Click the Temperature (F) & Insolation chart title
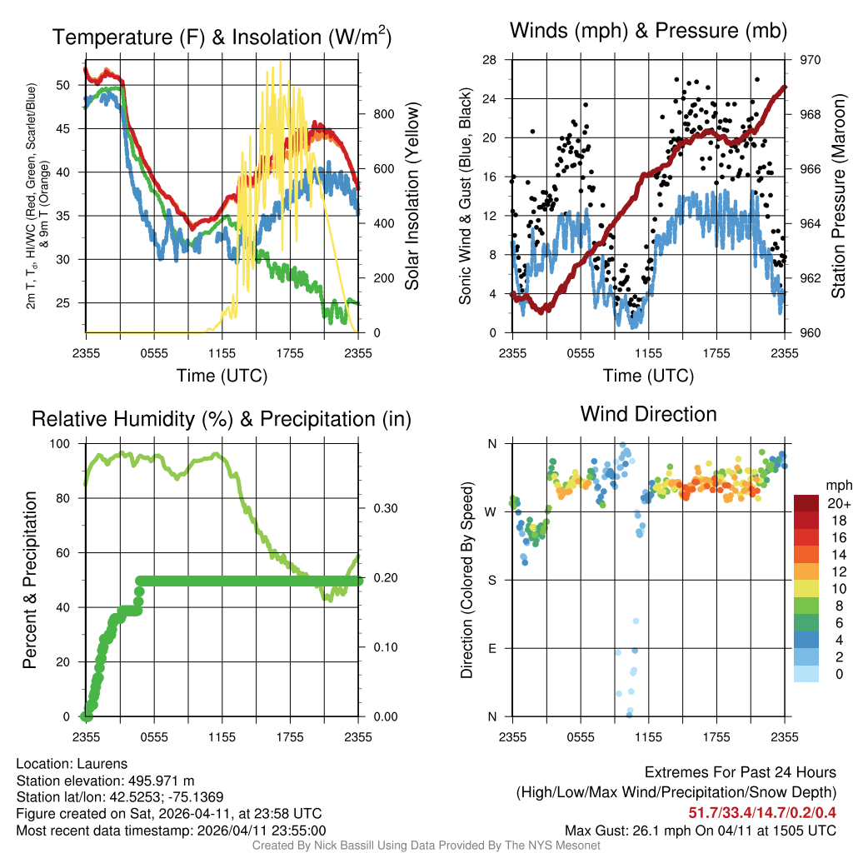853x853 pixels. [222, 37]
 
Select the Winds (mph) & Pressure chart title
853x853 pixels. [649, 32]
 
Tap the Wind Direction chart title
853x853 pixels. [648, 414]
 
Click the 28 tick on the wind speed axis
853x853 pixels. [490, 60]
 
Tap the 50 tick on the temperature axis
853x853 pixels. [62, 85]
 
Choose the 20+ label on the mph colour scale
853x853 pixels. [836, 503]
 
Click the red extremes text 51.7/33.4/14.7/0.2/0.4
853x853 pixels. [761, 812]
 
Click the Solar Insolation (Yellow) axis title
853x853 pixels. [412, 196]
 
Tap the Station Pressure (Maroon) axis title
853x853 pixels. [839, 196]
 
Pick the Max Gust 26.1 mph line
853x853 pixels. [700, 831]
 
